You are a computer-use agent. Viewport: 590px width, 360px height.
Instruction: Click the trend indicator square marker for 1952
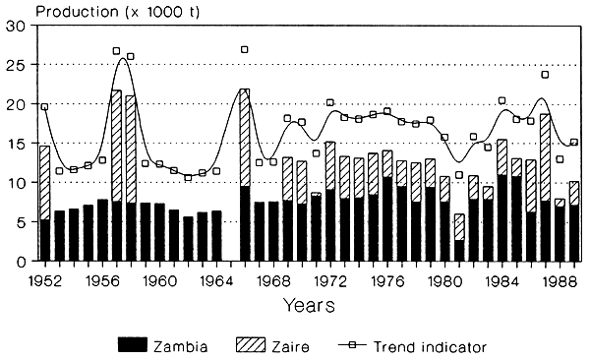pyautogui.click(x=44, y=106)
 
